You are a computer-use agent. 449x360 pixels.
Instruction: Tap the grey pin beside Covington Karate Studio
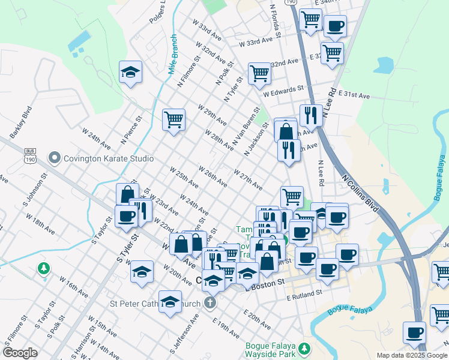[55, 158]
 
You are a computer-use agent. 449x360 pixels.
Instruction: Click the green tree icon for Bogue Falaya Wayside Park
[304, 348]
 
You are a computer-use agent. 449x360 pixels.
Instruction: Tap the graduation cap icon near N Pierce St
[130, 73]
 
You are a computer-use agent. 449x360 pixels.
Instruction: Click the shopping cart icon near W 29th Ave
[173, 119]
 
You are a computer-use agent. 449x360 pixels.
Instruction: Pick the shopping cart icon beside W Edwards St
[259, 73]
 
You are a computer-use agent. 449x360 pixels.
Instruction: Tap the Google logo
[20, 353]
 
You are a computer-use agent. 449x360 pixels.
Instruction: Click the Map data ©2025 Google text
[412, 355]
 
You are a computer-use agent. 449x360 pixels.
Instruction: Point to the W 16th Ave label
[72, 285]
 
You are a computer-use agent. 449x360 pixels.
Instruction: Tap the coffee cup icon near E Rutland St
[327, 268]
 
